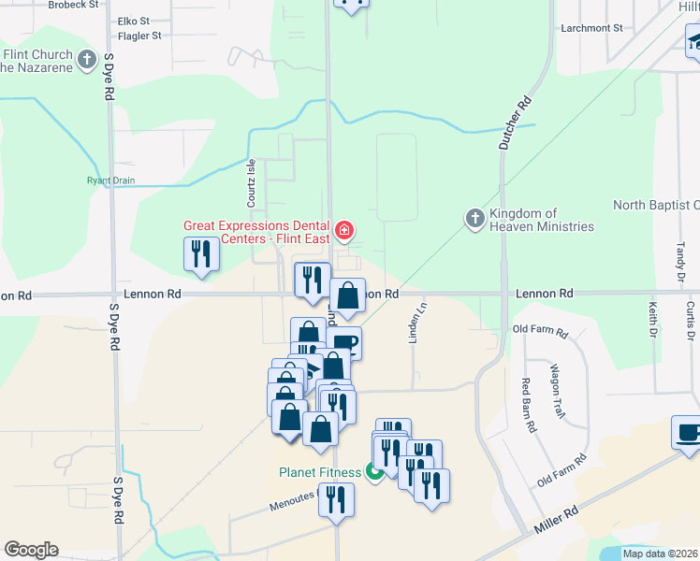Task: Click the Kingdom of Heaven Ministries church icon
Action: pos(475,219)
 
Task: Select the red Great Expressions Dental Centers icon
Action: pos(344,230)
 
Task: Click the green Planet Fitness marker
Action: pos(374,472)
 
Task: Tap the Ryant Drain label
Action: pos(111,180)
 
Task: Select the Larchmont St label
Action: pos(591,28)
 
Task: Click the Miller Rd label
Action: pos(559,528)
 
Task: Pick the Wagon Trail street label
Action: pos(558,390)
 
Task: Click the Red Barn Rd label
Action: pos(529,404)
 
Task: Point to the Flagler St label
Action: pos(134,36)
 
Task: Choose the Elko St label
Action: pos(134,21)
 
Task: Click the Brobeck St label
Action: pos(73,5)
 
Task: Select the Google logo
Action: pos(31,550)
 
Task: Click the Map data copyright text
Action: pos(660,554)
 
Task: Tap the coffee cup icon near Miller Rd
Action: pos(688,433)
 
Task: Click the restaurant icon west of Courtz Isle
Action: pos(202,253)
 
